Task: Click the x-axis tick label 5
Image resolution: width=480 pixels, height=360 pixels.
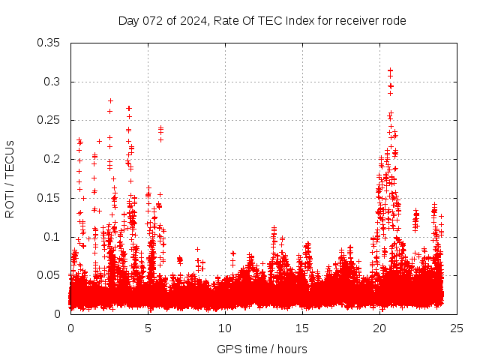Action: point(148,328)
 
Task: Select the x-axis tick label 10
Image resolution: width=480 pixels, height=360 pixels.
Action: point(225,328)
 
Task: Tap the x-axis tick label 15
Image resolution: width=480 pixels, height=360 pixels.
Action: point(302,328)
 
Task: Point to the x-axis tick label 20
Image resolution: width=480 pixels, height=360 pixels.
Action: point(379,328)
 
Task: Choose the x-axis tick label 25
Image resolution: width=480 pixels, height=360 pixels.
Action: point(457,328)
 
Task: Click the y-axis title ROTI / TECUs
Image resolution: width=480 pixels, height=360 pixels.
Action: point(10,178)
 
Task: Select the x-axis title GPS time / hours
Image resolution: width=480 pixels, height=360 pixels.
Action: point(262,349)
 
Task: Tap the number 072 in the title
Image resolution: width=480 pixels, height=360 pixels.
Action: point(152,21)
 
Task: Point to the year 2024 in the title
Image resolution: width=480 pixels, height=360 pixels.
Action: point(193,21)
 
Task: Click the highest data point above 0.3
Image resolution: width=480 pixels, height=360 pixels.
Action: point(390,70)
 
